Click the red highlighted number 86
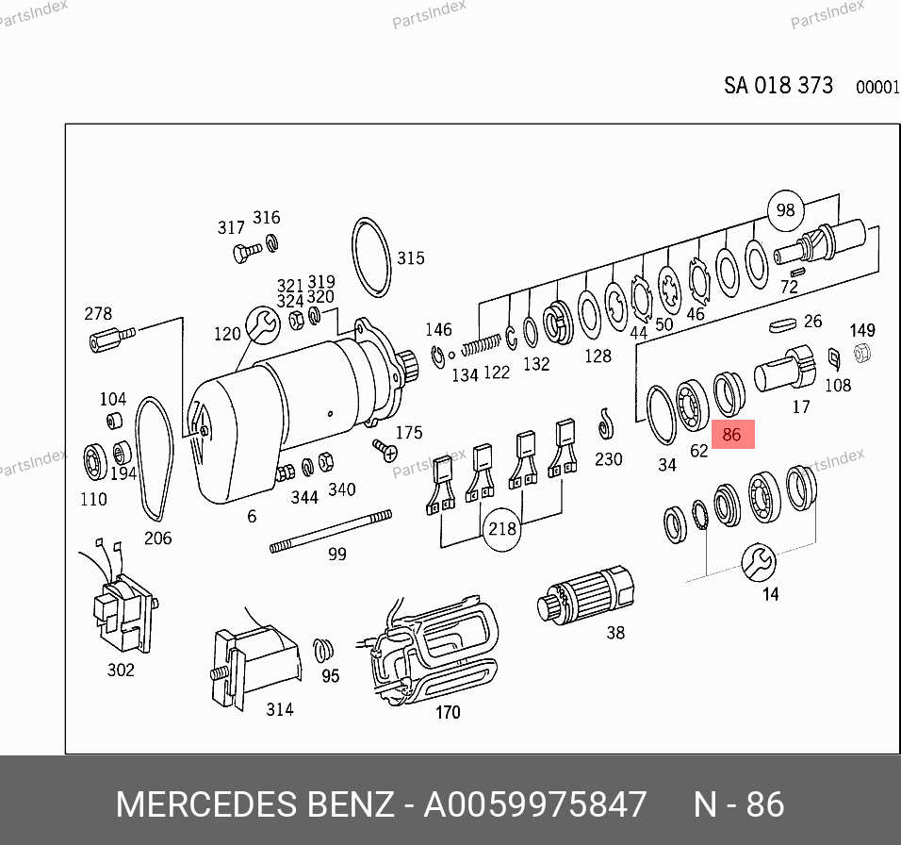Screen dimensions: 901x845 [x=732, y=434]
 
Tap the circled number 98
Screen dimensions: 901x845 [x=785, y=209]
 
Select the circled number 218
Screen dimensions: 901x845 [x=501, y=529]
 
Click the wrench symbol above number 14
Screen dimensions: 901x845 [x=759, y=562]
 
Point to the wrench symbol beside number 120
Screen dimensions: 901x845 [x=263, y=324]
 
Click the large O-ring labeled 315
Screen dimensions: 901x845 [x=370, y=257]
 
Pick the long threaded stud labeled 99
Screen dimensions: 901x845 [x=331, y=532]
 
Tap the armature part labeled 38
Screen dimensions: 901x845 [x=585, y=595]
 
